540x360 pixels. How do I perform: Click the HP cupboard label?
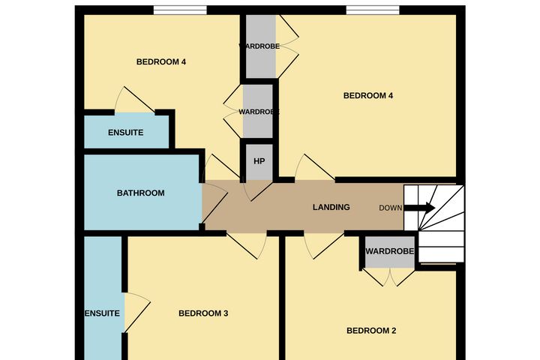259,161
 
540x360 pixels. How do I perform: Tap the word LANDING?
331,207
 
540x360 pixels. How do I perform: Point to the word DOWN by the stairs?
390,208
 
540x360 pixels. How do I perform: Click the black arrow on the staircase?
419,208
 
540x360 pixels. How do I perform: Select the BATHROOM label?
140,193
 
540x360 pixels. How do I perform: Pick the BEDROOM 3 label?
203,313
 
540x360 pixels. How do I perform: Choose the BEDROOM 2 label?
371,331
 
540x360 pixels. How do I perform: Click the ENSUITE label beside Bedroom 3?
102,313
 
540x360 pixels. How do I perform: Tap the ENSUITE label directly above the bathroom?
126,132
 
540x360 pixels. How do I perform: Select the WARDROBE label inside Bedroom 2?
389,251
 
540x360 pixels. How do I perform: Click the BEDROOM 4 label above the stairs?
368,95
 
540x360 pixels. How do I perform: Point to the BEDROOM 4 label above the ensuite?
161,61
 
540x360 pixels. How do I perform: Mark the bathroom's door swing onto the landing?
214,203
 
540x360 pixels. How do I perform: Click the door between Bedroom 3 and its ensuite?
137,313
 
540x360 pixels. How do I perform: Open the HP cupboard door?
257,190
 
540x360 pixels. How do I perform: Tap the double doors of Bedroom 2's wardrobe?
389,277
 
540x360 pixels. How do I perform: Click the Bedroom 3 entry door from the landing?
247,246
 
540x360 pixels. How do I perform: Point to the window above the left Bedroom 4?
180,10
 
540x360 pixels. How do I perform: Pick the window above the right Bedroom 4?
373,10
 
